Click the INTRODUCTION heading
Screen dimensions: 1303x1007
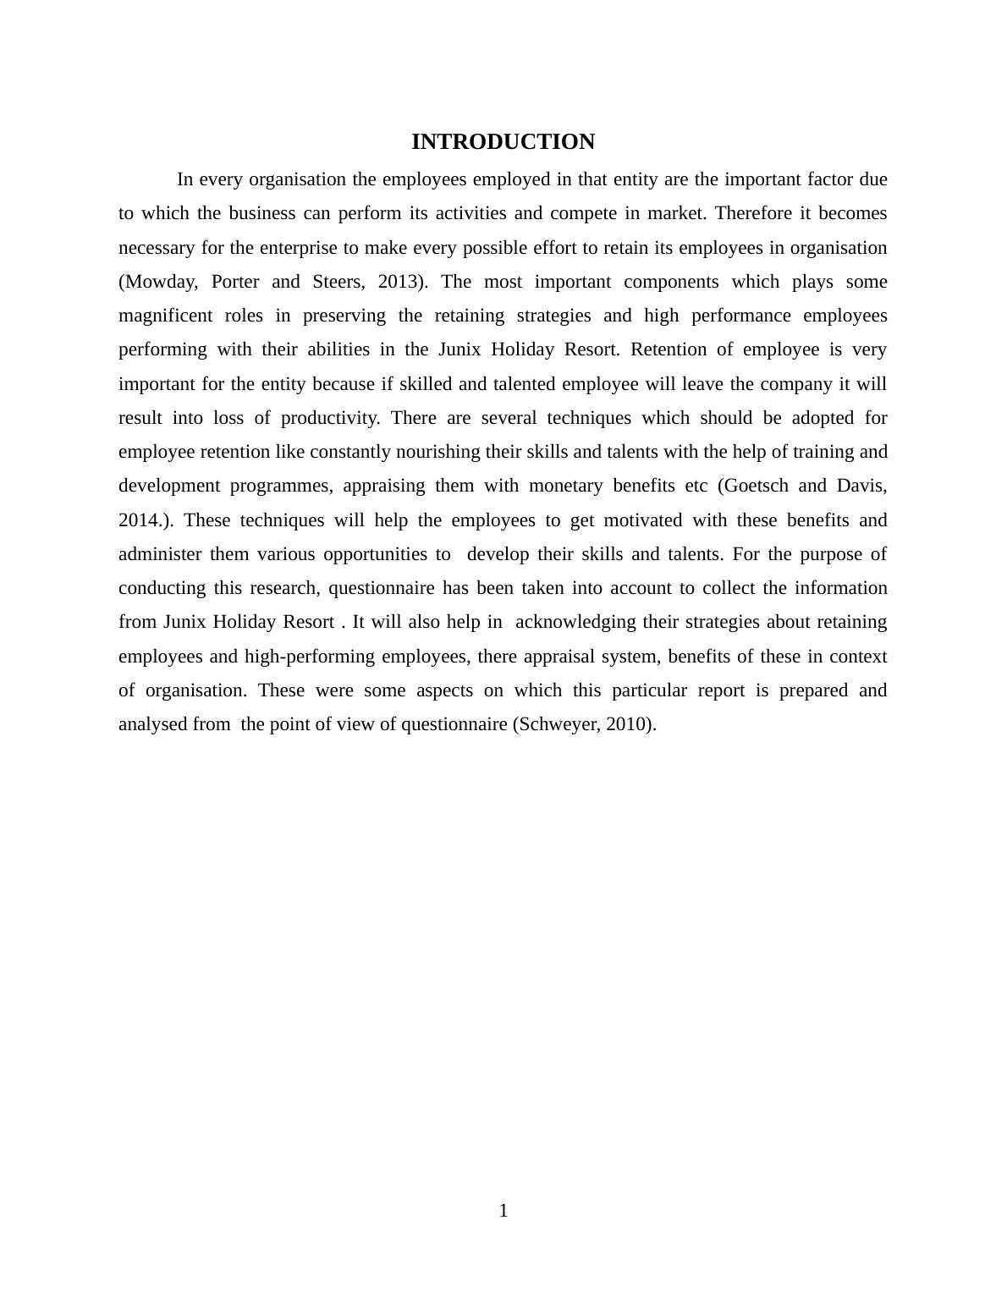503,142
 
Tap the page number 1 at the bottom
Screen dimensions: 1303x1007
503,1211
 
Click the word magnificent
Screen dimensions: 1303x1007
166,316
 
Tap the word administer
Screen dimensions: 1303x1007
160,554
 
